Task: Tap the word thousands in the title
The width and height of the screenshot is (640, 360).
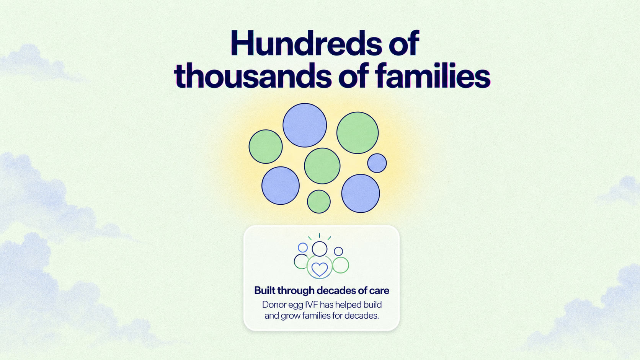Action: coord(253,76)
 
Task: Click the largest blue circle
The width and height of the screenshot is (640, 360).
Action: coord(305,125)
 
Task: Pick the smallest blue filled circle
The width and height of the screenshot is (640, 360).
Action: coord(377,163)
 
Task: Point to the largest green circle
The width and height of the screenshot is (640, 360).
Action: coord(358,133)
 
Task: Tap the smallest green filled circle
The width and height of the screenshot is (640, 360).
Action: coord(318,202)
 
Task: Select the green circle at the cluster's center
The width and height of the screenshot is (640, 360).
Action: coord(322,166)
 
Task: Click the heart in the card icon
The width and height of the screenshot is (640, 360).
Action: coord(320,269)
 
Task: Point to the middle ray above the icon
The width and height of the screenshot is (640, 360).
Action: coord(320,236)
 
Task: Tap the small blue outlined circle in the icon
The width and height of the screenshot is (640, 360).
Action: coord(302,248)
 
